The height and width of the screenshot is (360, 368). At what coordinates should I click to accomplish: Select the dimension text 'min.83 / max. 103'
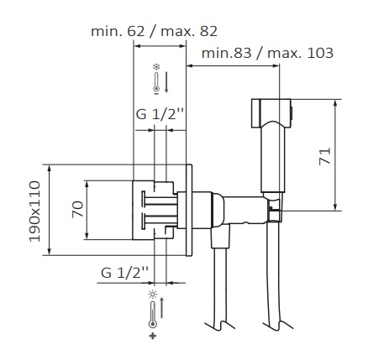pyautogui.click(x=266, y=52)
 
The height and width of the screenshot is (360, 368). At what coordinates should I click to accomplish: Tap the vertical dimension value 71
pyautogui.click(x=325, y=154)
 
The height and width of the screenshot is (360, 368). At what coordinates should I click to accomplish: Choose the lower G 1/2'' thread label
pyautogui.click(x=125, y=271)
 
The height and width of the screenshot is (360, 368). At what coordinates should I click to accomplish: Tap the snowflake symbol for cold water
pyautogui.click(x=155, y=66)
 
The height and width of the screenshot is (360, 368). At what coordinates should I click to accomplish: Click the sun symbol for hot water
pyautogui.click(x=152, y=295)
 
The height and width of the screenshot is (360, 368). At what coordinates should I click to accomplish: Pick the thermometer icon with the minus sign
pyautogui.click(x=155, y=84)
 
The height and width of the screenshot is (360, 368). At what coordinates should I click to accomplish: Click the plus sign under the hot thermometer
pyautogui.click(x=152, y=336)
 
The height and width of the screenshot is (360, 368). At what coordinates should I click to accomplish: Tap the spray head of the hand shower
pyautogui.click(x=273, y=109)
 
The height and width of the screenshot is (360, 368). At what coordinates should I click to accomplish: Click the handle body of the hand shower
pyautogui.click(x=273, y=159)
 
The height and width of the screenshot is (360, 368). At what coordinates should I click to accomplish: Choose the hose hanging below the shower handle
pyautogui.click(x=273, y=277)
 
